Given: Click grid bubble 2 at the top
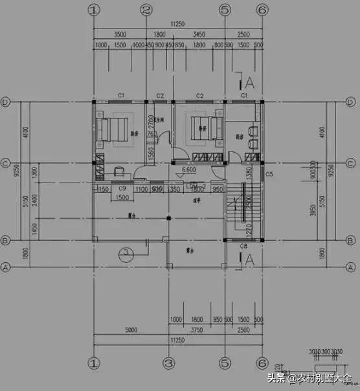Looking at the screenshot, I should pos(146,10).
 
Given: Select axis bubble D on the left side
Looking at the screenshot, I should pos(5,102).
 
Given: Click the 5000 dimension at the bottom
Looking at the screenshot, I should pos(131,330).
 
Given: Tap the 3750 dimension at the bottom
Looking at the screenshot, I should pos(196,330).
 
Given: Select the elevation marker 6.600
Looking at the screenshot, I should pos(189,170).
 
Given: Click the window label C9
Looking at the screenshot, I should pos(122,188).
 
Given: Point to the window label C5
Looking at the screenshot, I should pos(269,174).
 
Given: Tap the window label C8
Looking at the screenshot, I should pos(243,246).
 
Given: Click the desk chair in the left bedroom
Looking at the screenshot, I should pos(119,171).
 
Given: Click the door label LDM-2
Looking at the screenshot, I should pos(195,186).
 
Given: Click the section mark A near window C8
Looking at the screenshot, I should pos(250,259).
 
